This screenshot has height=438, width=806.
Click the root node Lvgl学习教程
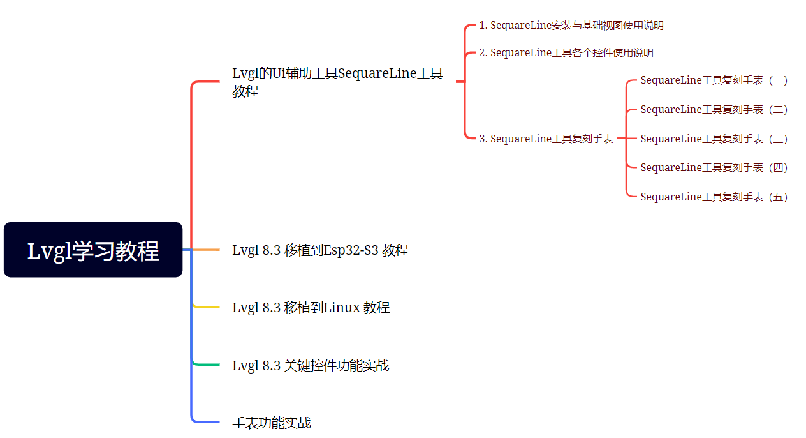coord(93,250)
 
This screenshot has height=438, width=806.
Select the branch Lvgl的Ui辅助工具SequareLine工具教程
coord(337,82)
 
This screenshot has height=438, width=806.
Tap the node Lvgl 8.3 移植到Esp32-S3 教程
coord(320,250)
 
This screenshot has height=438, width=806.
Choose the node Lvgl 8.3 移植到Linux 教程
coord(311,308)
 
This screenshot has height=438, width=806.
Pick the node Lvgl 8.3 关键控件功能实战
coord(311,366)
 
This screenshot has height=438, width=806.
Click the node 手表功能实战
coord(272,423)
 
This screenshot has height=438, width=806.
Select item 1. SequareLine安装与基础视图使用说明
coord(571,26)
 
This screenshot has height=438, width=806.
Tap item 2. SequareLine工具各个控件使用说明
coord(566,53)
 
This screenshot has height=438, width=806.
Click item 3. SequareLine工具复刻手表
coord(546,139)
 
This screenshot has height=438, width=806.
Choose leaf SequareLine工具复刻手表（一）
coord(714,80)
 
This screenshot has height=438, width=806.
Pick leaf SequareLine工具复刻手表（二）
coord(714,110)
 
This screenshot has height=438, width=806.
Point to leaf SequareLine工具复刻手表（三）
coord(714,139)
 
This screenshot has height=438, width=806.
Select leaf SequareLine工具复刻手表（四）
coord(714,168)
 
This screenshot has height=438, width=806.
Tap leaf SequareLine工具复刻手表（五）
coord(714,197)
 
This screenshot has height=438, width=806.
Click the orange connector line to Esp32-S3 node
coord(206,250)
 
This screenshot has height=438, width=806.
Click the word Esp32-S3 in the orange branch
coord(351,250)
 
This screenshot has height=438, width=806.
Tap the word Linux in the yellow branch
coord(342,308)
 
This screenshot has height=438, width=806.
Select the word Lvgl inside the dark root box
coord(48,252)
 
